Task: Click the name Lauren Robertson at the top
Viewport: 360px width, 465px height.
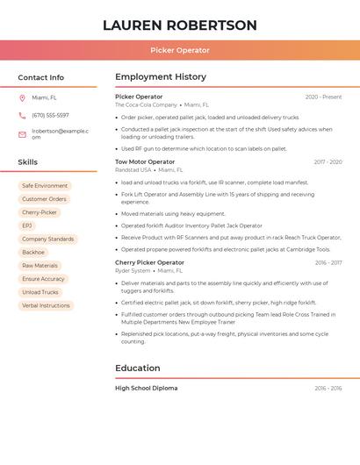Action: [180, 25]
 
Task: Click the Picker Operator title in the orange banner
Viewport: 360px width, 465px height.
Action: [180, 50]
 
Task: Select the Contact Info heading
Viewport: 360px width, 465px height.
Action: [41, 77]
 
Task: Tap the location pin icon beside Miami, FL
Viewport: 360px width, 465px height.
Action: [22, 97]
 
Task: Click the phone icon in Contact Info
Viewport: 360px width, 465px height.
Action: [22, 115]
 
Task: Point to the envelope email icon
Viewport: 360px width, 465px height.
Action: [22, 134]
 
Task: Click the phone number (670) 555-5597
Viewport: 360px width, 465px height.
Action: [50, 115]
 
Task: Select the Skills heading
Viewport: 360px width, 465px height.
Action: [28, 162]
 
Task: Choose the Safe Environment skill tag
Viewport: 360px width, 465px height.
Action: [45, 186]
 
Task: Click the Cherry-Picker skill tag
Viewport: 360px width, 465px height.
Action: [40, 212]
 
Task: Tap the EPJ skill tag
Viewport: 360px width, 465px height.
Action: [27, 225]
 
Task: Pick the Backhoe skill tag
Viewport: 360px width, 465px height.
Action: [33, 253]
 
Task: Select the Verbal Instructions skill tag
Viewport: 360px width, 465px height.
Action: [46, 305]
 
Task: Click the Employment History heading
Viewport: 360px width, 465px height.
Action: [161, 77]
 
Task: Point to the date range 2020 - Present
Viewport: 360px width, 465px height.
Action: [323, 97]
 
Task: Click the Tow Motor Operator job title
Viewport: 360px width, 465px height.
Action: [145, 161]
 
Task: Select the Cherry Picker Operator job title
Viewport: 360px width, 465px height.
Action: [149, 262]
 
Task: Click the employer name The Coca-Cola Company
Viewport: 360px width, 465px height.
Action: [146, 104]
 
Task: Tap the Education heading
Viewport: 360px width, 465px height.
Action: [138, 368]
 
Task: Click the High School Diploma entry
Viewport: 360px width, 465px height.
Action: [146, 388]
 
